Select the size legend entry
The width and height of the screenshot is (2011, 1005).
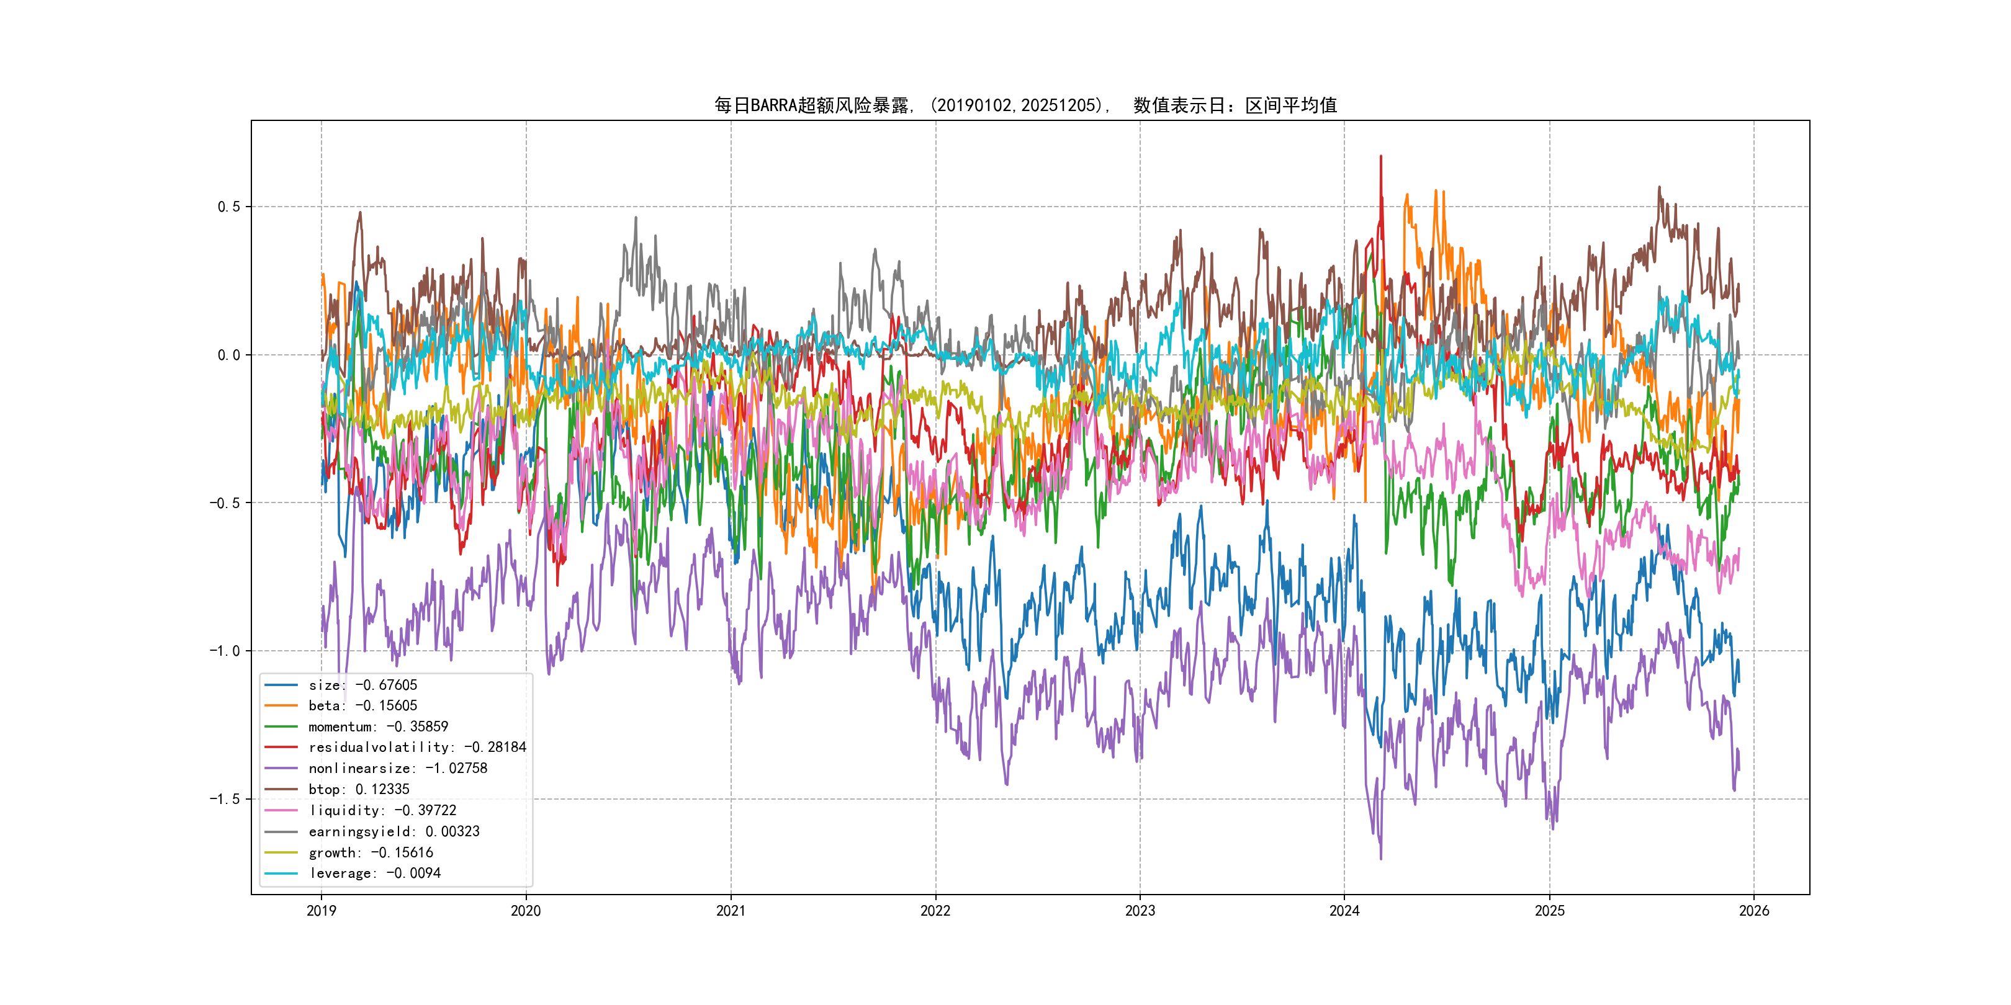click(x=362, y=685)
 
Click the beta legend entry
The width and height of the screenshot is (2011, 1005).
click(x=362, y=706)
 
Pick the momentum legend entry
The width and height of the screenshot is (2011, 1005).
click(x=378, y=727)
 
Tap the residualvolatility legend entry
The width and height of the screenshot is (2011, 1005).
click(x=417, y=748)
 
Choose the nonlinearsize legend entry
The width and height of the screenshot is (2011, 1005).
click(x=397, y=769)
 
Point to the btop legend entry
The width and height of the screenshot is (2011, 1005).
click(x=358, y=790)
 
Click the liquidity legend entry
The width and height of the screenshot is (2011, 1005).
click(x=382, y=811)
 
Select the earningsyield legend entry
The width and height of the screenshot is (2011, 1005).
click(x=394, y=832)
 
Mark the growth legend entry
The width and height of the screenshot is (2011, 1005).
click(x=370, y=853)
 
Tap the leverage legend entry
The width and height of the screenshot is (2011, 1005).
click(x=374, y=873)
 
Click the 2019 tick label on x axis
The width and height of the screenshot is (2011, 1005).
click(x=322, y=911)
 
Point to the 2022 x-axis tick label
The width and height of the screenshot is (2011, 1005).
click(x=935, y=911)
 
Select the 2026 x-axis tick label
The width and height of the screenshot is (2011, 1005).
click(x=1753, y=911)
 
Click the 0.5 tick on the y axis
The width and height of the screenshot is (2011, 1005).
click(x=229, y=207)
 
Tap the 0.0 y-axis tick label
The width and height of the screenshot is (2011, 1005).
click(x=229, y=355)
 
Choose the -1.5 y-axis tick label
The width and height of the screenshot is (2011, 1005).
click(x=225, y=799)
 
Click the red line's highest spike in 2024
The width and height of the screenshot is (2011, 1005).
click(x=1380, y=157)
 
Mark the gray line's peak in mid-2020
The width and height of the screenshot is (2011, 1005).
click(x=636, y=218)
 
